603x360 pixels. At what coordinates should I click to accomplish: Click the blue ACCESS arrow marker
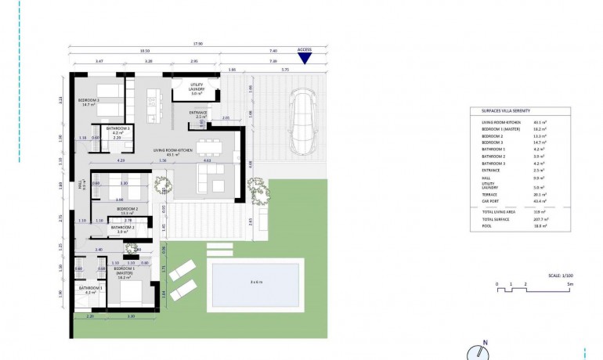305,57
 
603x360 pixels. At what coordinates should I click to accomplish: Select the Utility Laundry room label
197,88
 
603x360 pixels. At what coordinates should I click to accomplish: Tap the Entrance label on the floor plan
197,113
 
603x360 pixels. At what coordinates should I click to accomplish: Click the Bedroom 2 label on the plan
127,210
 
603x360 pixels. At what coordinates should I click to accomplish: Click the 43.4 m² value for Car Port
540,202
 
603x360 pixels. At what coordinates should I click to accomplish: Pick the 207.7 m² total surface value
540,219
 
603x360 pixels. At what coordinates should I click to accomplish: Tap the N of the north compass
485,343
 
